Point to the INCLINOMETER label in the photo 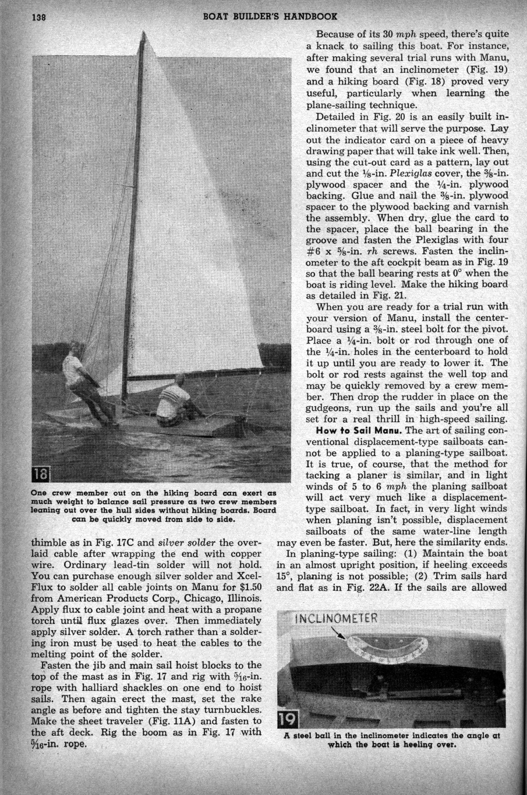[x=337, y=619]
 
